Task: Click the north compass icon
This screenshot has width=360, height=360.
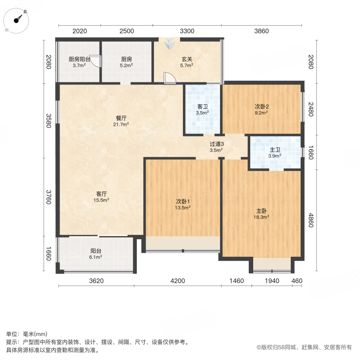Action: (x=17, y=20)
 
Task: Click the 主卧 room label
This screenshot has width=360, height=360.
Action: (x=262, y=211)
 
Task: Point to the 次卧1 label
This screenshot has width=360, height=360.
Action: (x=183, y=201)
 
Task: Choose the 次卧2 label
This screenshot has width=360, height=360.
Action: (x=262, y=107)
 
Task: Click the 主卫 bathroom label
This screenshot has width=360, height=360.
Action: (x=274, y=150)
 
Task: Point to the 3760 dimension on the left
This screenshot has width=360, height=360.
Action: (x=48, y=197)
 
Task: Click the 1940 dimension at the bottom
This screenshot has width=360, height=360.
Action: (x=272, y=281)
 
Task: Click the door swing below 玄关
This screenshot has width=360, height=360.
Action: (x=170, y=78)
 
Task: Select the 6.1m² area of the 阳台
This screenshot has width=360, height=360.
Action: (x=96, y=257)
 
